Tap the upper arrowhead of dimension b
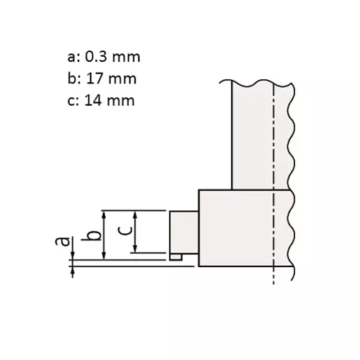(105, 214)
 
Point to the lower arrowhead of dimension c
(135, 249)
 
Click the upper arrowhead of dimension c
(135, 214)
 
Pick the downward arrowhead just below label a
(73, 257)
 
